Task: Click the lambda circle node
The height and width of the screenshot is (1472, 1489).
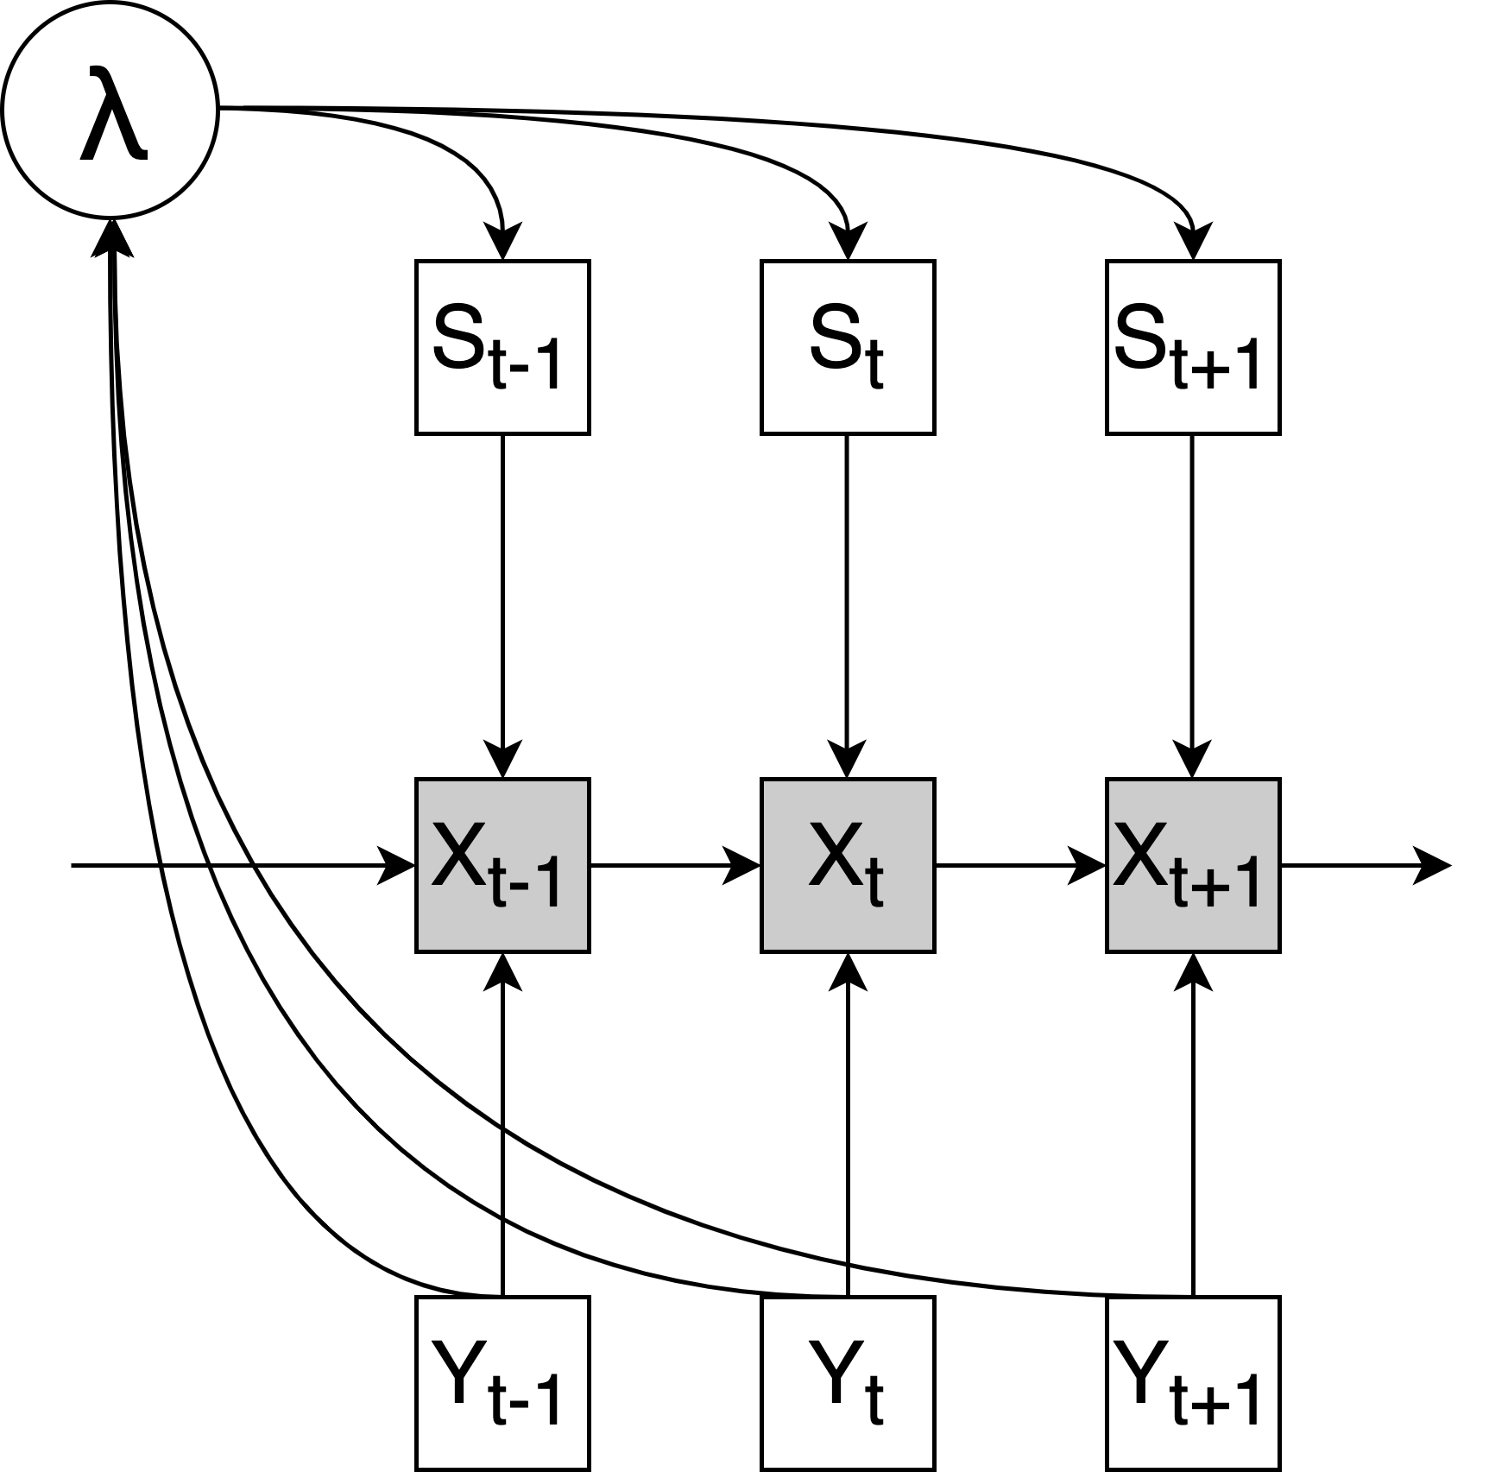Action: pos(110,110)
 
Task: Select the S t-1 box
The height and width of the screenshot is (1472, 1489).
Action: pos(502,347)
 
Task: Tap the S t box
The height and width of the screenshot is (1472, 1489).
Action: pos(848,347)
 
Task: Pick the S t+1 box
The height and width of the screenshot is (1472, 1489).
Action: pos(1193,347)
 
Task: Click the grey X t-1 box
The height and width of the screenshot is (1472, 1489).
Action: pos(502,865)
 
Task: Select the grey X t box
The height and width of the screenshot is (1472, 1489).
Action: pos(848,865)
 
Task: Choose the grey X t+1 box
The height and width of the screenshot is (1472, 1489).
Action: pos(1193,865)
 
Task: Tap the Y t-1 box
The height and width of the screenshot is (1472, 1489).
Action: pos(502,1383)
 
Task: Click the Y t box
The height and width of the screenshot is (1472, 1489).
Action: pos(848,1383)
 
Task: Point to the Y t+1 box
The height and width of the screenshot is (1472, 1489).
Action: pos(1193,1383)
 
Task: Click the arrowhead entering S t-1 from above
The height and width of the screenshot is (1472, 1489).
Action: pos(502,242)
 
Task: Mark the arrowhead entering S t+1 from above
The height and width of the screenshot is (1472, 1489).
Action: pos(1193,242)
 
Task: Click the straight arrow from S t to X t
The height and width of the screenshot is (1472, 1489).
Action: pos(848,604)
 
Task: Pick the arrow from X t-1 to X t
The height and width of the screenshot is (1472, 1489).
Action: pos(673,865)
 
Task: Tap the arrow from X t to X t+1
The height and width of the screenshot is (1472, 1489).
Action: pos(1019,865)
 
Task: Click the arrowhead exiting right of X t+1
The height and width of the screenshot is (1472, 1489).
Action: pos(1433,865)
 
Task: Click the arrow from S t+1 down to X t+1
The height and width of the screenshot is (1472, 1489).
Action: pos(1193,604)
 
